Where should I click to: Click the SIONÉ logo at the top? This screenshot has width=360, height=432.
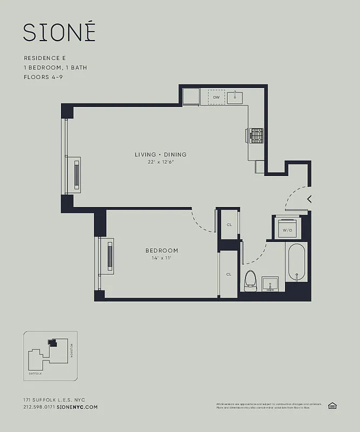(x=59, y=32)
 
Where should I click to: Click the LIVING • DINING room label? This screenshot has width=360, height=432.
(x=161, y=155)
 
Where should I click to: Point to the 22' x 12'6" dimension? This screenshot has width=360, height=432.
(x=161, y=162)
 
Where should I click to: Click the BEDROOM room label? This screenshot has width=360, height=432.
(x=161, y=251)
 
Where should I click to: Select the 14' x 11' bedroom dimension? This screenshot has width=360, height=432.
(x=161, y=258)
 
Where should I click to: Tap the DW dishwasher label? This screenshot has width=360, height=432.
(x=216, y=97)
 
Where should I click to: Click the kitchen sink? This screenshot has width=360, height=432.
(x=235, y=97)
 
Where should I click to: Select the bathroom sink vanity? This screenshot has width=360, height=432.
(x=269, y=283)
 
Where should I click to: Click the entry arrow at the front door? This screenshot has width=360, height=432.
(x=309, y=199)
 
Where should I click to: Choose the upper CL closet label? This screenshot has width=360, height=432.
(x=229, y=225)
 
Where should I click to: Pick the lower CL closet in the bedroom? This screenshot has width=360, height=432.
(x=229, y=274)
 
